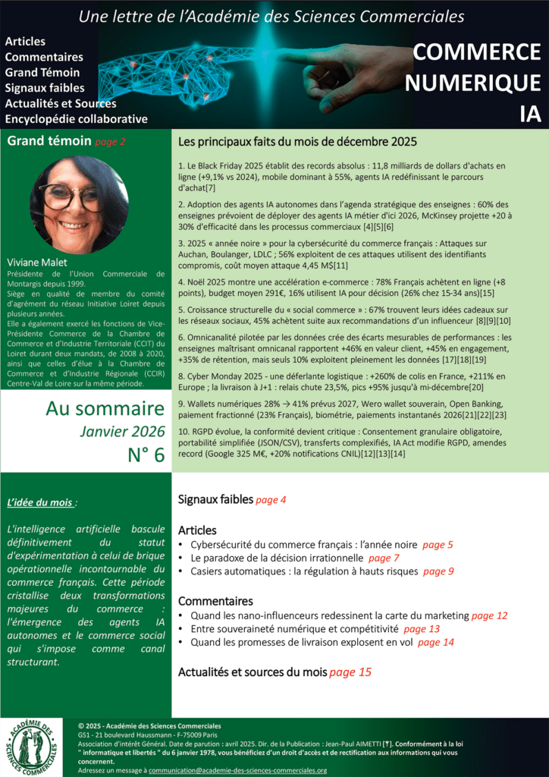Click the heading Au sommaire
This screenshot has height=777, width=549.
click(x=105, y=408)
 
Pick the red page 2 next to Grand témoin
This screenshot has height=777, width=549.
click(x=111, y=141)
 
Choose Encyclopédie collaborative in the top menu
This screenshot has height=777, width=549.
click(x=76, y=119)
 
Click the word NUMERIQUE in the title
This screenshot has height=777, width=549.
click(x=472, y=82)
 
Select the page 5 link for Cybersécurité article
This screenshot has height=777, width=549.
click(x=438, y=545)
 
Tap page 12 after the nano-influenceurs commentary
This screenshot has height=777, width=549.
click(x=489, y=615)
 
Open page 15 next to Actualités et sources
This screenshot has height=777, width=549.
click(x=350, y=672)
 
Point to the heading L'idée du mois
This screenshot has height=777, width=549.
click(x=41, y=502)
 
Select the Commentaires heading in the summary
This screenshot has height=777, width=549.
click(x=215, y=600)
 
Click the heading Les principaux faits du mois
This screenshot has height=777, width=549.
click(x=297, y=142)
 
